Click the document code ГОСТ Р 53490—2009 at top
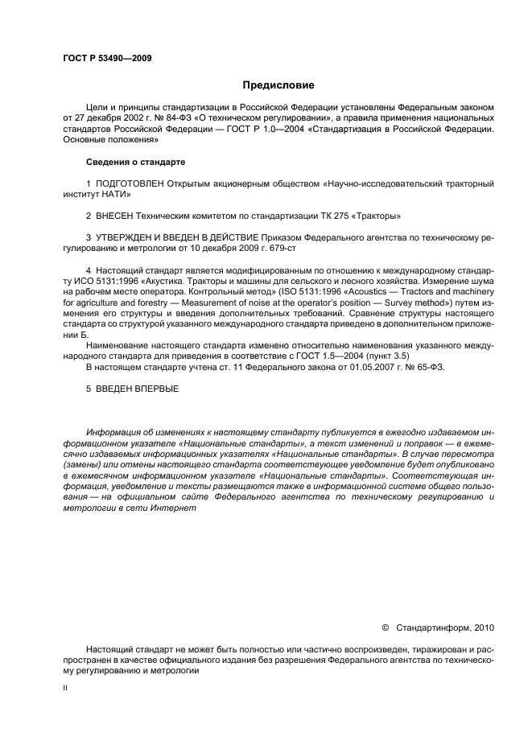[x=106, y=58]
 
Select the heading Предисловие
[x=274, y=84]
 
